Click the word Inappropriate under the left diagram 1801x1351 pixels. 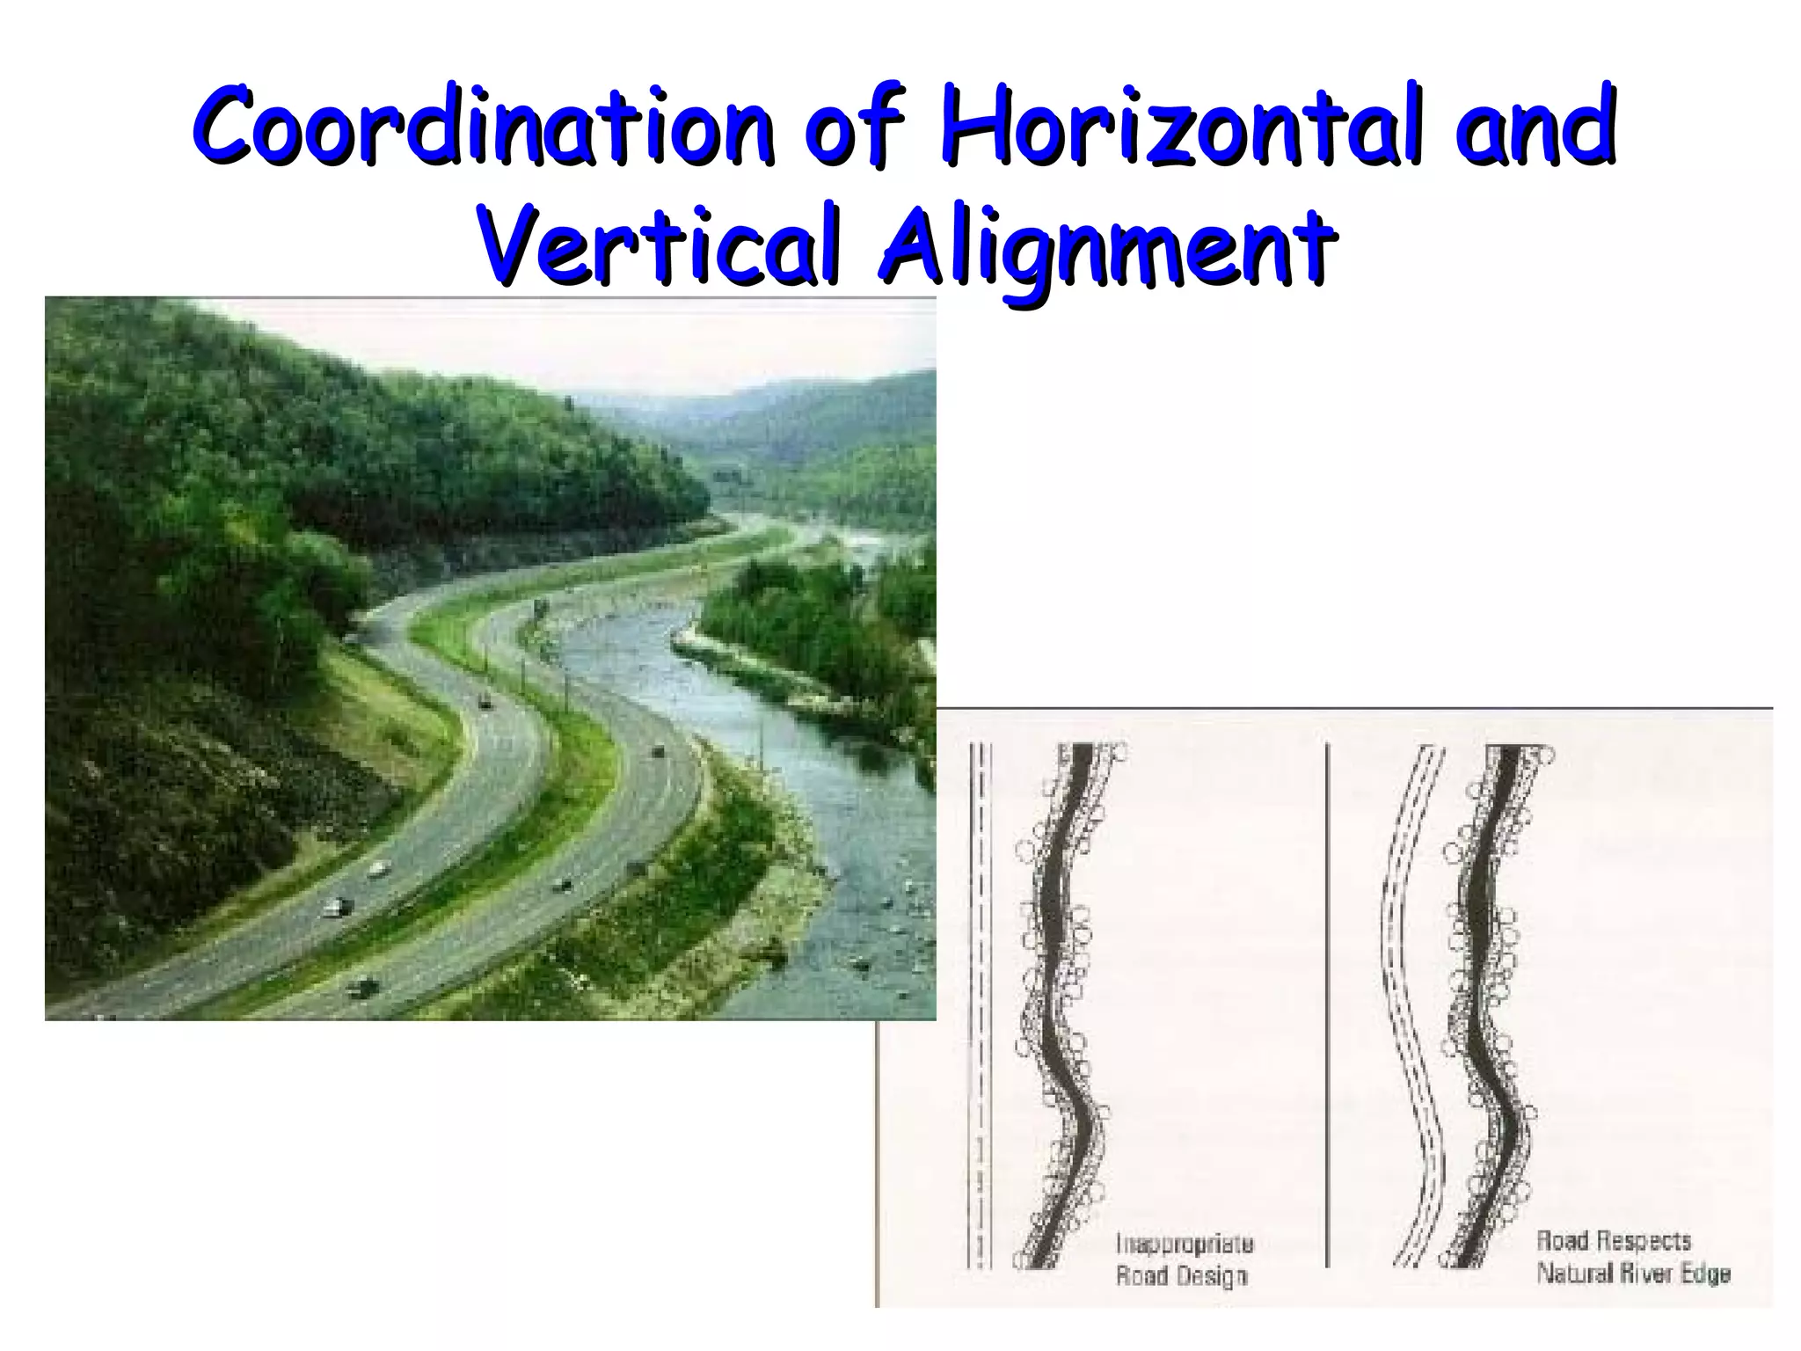coord(1184,1244)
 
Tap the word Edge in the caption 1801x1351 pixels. coord(1707,1273)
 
